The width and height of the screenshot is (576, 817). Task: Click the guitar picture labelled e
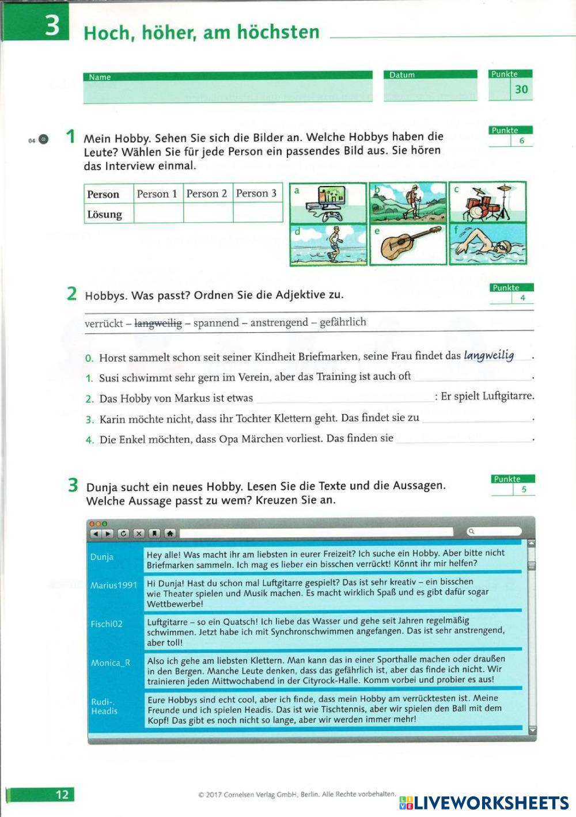tap(408, 244)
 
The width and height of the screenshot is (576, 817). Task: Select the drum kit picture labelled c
tap(488, 203)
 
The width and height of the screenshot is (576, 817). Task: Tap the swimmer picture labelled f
tap(488, 244)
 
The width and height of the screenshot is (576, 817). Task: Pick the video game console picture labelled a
tap(328, 203)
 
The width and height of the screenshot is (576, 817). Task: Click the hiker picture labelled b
tap(408, 203)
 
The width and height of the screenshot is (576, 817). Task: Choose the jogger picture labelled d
tap(328, 244)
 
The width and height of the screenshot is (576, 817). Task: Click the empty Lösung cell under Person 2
tap(208, 214)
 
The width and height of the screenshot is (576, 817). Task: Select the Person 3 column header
tap(257, 193)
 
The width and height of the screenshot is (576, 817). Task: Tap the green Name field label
tap(100, 77)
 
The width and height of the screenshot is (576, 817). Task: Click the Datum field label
tap(401, 75)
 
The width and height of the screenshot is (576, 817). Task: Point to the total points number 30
tap(521, 89)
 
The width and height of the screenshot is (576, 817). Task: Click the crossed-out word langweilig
tap(158, 324)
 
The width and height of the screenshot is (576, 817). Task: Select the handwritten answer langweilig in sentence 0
tap(489, 355)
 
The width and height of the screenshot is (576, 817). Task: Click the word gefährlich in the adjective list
tap(343, 322)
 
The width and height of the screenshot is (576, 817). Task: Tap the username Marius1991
tap(113, 586)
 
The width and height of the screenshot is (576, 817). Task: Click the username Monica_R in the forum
tap(111, 663)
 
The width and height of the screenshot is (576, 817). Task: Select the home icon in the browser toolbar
tap(170, 533)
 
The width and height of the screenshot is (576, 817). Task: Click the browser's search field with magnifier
tap(494, 531)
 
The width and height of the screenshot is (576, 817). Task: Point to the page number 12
tap(62, 795)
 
